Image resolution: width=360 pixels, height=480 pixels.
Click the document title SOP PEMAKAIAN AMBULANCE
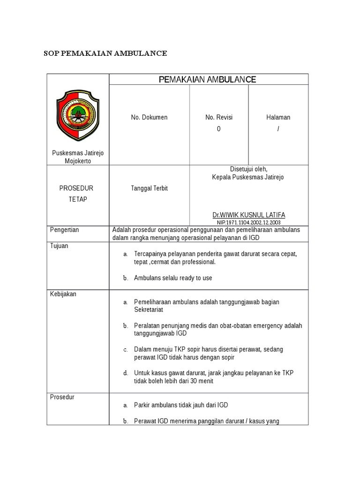coord(105,53)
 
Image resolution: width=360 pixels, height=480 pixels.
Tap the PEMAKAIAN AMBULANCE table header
coord(208,80)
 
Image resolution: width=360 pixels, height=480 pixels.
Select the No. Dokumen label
coord(149,117)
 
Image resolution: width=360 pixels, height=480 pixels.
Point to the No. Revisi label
coord(219,117)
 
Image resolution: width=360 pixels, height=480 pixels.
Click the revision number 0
coord(218,129)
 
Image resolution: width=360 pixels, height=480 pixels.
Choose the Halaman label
coord(278,117)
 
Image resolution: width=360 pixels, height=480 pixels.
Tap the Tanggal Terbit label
coord(149,188)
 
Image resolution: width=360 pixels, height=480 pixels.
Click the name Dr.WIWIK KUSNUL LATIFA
coord(248,215)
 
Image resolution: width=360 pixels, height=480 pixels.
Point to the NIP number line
coord(248,222)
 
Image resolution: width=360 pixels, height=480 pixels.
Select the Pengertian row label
coord(65,230)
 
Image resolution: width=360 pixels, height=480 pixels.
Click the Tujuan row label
coord(59,246)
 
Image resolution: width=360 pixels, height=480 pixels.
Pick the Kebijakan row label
coord(63,294)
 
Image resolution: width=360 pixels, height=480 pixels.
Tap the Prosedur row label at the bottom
coord(62,397)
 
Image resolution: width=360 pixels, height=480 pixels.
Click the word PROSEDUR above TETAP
coord(76,188)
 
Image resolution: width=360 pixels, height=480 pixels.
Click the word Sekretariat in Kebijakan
coord(149,310)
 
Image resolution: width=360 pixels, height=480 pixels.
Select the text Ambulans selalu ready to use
coord(173,278)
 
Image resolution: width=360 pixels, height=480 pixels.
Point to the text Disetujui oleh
coord(248,169)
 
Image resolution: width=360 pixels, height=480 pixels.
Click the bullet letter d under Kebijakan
coord(126,373)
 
